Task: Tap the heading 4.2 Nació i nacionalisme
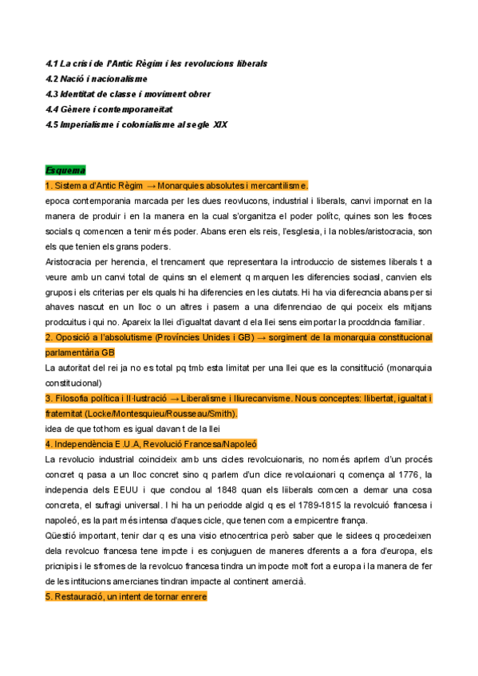pos(97,78)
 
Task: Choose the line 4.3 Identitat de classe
pos(128,94)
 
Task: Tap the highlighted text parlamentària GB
pos(80,352)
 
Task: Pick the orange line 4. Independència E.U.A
pos(151,444)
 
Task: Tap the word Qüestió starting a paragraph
pos(63,536)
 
